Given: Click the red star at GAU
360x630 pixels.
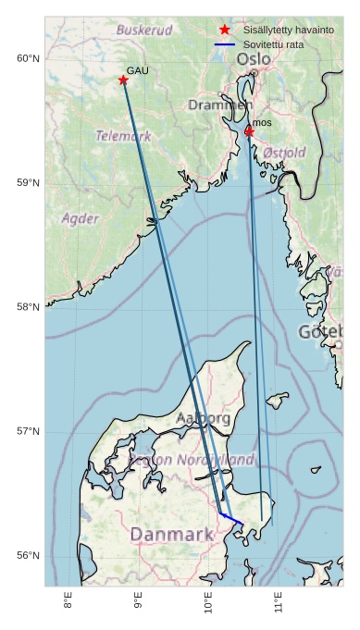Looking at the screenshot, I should coord(123,80).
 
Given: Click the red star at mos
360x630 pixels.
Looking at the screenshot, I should coord(249,131).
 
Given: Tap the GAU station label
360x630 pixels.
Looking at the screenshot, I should coord(137,70).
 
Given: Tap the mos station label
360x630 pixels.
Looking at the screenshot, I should coord(262,122).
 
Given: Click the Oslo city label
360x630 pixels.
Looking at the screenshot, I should coord(254,59).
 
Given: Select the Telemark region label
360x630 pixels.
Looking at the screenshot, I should coord(123,136).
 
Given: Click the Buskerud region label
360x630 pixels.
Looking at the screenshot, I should coord(143,30).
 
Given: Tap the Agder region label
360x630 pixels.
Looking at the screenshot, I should coord(80,218).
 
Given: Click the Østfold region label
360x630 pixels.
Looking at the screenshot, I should coord(284,152).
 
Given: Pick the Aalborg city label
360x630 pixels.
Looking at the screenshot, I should coord(204,418).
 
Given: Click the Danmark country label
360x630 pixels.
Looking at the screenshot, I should coord(172,534).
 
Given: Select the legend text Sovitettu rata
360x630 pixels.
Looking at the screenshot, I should coord(273,44).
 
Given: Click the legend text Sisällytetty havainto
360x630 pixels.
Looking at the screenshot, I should coord(289,30).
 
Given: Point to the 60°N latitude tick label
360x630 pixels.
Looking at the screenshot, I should coord(28,58).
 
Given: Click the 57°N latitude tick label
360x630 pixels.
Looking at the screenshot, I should coord(28,431).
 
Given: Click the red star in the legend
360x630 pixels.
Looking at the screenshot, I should coord(225,30).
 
